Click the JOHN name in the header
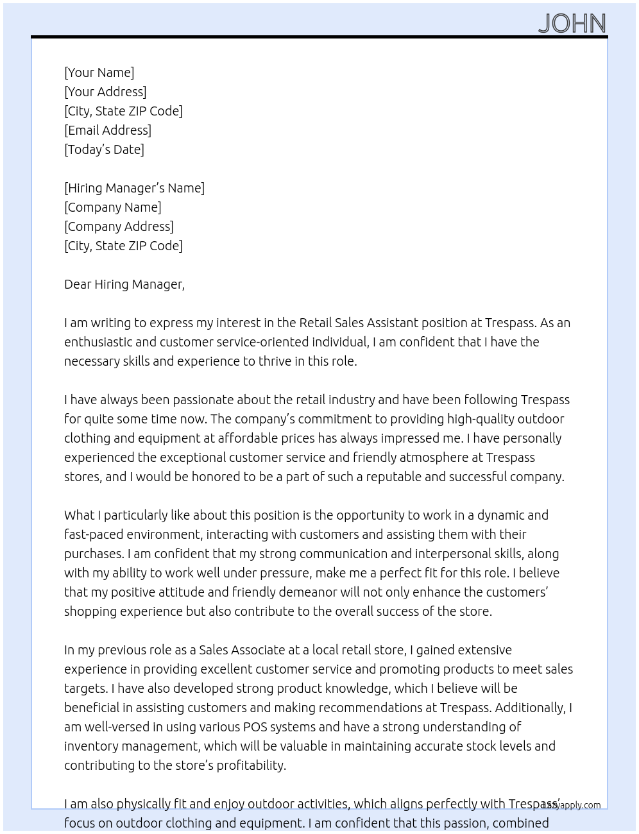(x=572, y=24)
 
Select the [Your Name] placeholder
(x=99, y=72)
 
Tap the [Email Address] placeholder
(x=108, y=130)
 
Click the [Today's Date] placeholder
(x=104, y=149)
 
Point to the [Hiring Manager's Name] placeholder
(x=134, y=188)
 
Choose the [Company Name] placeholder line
(x=112, y=207)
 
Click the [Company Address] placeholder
(x=119, y=226)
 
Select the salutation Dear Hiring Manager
(x=124, y=284)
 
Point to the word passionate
(x=202, y=400)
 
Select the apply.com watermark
(x=572, y=805)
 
